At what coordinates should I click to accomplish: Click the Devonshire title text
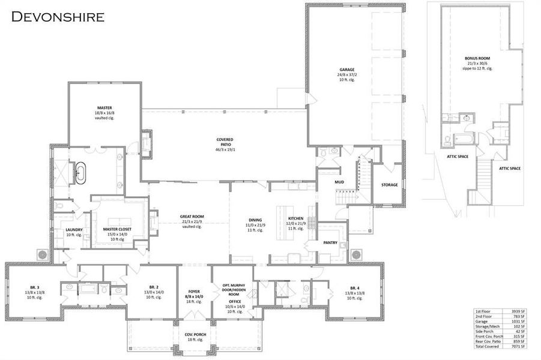tap(58, 16)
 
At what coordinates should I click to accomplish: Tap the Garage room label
tap(346, 70)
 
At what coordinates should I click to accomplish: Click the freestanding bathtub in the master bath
tap(80, 172)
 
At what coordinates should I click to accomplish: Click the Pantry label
tap(330, 244)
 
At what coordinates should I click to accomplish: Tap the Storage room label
tap(389, 185)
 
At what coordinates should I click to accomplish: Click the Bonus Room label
tap(477, 59)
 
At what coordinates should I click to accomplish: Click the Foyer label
tap(193, 292)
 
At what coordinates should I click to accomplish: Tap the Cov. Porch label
tap(193, 334)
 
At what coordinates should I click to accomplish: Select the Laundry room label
tap(74, 230)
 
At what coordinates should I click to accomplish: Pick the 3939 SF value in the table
tap(519, 312)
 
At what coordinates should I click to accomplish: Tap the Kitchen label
tap(295, 219)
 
